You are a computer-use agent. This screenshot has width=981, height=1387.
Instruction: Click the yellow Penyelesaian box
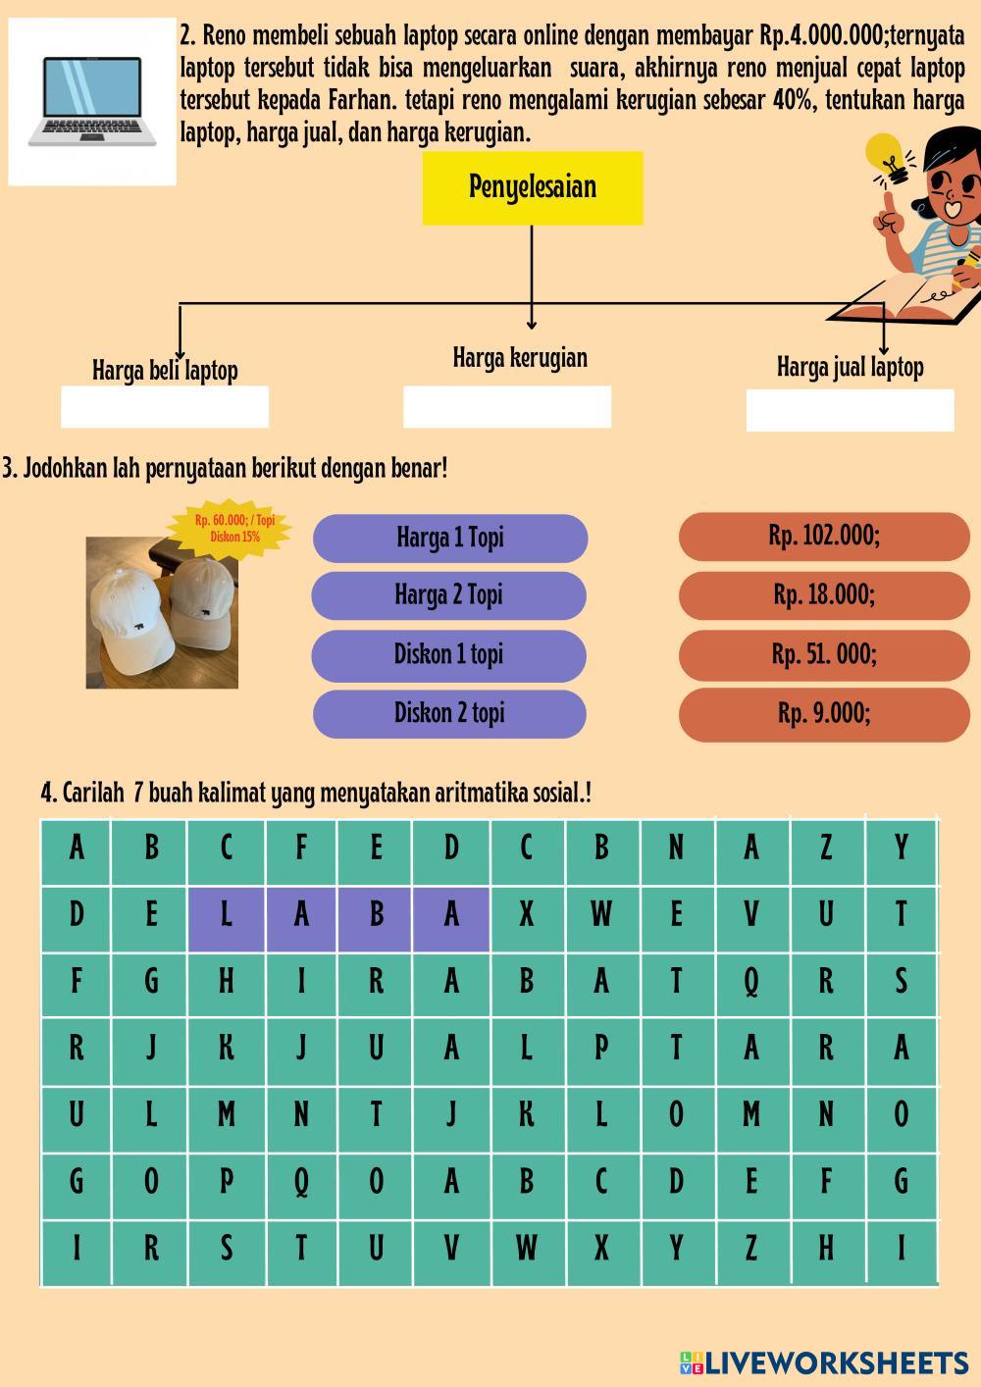click(x=533, y=188)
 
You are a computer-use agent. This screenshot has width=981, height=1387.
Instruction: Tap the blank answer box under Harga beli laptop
click(x=165, y=407)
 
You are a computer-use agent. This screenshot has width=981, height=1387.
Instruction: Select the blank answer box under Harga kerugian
click(x=507, y=407)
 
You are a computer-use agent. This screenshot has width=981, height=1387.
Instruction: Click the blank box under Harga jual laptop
click(x=850, y=410)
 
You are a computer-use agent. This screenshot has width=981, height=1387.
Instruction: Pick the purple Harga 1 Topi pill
click(x=450, y=539)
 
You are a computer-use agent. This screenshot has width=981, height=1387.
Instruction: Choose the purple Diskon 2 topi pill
click(x=449, y=714)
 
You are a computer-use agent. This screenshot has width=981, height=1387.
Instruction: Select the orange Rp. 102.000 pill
click(x=824, y=537)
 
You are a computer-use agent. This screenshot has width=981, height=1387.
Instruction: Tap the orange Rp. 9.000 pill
click(x=824, y=714)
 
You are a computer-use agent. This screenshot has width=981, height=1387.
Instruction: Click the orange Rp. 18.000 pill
click(x=824, y=595)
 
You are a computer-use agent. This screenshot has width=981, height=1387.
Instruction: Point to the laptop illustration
click(x=92, y=102)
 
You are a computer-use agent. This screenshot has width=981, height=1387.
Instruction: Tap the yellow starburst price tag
click(x=230, y=529)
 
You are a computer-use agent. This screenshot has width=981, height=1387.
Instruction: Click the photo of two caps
click(x=162, y=612)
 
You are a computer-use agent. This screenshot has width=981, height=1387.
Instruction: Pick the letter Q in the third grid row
click(x=751, y=983)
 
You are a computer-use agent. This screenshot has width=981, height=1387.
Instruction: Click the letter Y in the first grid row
click(x=902, y=848)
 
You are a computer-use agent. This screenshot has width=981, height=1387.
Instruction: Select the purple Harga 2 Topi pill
click(x=449, y=595)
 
